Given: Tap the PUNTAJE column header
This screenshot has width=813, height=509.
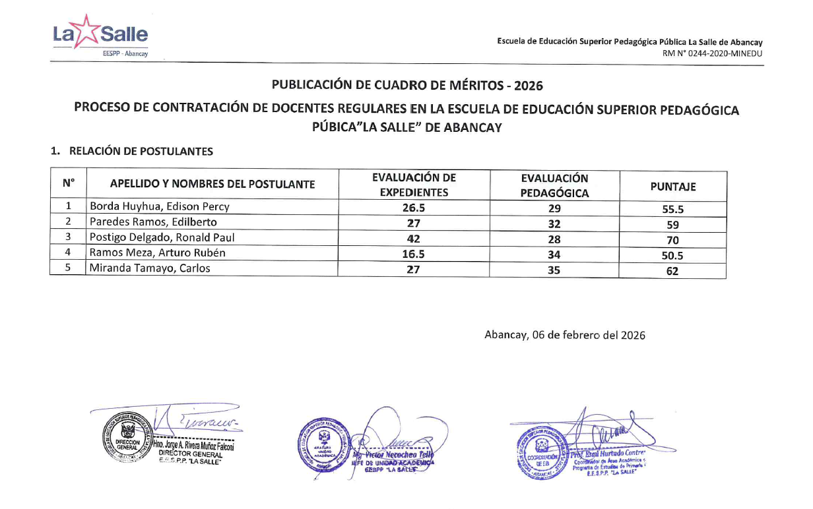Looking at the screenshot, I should pos(672,187).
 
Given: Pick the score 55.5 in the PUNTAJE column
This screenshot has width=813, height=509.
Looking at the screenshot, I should pos(672,210).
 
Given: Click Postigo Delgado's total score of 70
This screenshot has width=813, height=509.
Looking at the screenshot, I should pos(672,241).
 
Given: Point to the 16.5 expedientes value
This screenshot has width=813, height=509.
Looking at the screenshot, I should pos(413,253).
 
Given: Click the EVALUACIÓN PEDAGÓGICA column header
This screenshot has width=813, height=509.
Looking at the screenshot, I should pos(554,186).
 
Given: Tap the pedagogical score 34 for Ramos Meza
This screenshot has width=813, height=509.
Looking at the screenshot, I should pos(554,254).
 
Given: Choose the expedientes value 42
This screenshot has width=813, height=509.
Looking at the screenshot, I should pos(413,238).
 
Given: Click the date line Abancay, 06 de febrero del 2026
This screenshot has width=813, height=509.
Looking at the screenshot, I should pos(565,335).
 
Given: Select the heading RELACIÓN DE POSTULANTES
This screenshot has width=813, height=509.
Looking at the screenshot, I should pos(141,152).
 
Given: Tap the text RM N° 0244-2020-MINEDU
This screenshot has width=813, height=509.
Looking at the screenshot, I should pos(713,54).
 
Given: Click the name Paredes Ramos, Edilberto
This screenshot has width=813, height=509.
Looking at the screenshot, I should pos(153,222).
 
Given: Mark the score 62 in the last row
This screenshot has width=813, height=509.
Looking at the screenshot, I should pos(672,271).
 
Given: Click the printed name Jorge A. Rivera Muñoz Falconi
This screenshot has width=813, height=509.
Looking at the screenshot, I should pos(194,446).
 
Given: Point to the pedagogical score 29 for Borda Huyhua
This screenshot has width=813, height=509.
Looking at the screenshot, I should pos(554,208).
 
